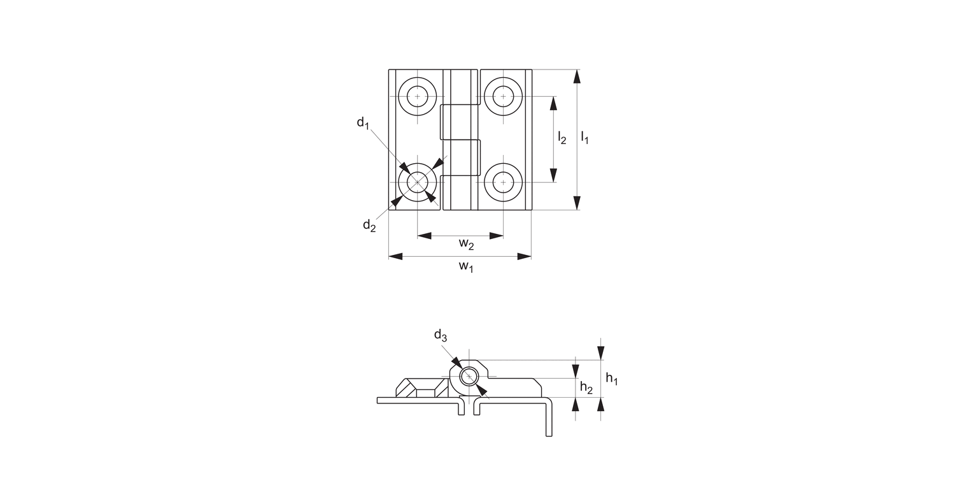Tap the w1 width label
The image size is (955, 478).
[466, 266]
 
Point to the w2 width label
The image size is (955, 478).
[466, 244]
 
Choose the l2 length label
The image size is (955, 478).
[562, 137]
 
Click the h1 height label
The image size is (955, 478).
[611, 379]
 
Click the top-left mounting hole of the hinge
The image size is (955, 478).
[418, 97]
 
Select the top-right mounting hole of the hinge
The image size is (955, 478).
[503, 97]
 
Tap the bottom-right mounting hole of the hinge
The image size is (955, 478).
[503, 183]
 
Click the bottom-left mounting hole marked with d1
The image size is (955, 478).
[418, 183]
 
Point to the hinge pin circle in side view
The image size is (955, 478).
[469, 377]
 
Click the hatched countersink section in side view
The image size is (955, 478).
[420, 387]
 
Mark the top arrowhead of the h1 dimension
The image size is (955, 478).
[600, 353]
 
